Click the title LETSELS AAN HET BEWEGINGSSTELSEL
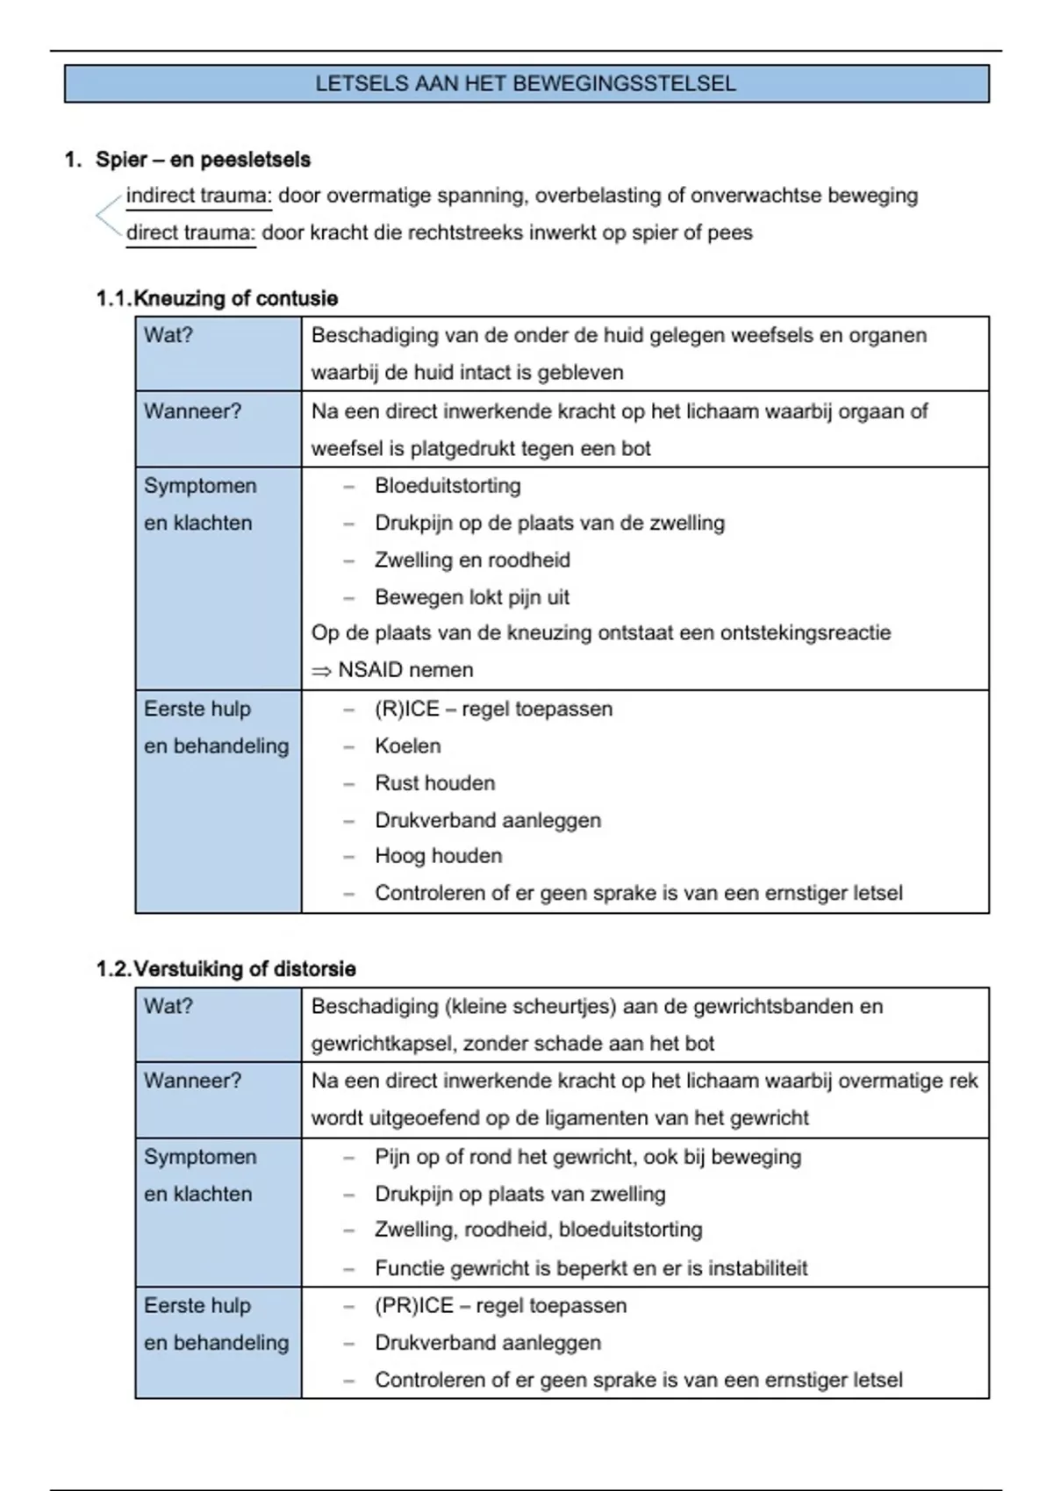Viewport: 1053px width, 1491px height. [x=526, y=84]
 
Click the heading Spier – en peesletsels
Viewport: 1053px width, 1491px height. [x=203, y=160]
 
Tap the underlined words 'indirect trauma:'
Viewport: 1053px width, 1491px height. [x=199, y=196]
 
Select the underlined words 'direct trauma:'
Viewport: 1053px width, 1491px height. [x=190, y=233]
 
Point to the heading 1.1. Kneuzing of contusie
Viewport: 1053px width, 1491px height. [x=217, y=299]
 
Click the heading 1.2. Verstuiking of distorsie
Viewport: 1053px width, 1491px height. [x=226, y=969]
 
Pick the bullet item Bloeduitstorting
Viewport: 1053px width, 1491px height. [x=448, y=486]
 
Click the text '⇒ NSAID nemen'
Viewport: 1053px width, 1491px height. [x=392, y=670]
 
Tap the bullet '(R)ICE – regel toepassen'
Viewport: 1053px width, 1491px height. [x=493, y=709]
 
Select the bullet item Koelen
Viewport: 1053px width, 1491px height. [x=407, y=746]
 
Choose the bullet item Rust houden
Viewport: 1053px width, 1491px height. [x=434, y=783]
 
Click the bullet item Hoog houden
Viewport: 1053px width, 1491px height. [x=438, y=856]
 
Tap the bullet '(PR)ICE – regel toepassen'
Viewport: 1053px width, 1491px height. [x=500, y=1306]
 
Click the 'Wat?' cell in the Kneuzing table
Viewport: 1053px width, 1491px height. [x=168, y=335]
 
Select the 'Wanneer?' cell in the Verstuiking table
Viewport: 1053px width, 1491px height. [x=192, y=1081]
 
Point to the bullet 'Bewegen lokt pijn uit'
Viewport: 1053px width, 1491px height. [x=472, y=597]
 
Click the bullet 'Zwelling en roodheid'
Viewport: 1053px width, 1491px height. [x=472, y=560]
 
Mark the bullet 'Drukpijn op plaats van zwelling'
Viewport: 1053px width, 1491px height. [x=519, y=1195]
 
